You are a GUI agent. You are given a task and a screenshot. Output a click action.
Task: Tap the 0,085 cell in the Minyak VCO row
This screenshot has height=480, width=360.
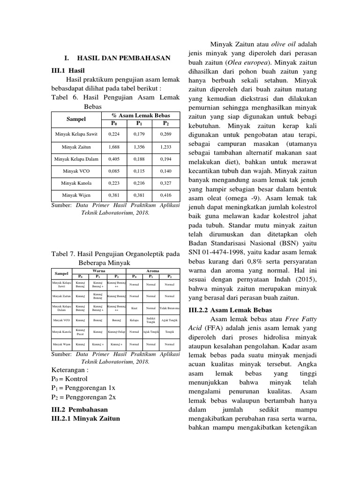114,171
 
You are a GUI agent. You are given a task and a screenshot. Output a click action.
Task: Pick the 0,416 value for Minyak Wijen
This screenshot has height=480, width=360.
165,195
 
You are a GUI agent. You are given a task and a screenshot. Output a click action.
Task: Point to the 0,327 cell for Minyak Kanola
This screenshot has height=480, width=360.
165,183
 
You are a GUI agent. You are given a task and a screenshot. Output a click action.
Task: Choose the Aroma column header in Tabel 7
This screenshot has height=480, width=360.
153,271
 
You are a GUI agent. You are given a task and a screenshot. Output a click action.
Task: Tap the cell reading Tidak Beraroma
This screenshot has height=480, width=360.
170,308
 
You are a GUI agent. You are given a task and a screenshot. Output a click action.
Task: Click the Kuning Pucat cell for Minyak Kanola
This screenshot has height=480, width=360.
80,332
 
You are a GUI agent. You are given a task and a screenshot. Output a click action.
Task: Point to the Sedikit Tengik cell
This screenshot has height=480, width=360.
151,320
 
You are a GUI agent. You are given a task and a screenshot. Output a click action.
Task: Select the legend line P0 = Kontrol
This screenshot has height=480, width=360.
69,378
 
